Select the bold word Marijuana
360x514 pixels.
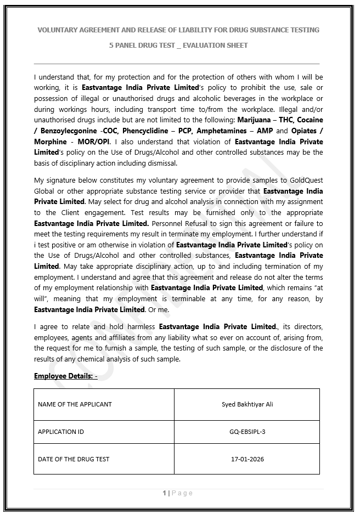tap(254, 120)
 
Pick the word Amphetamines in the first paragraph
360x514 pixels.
tap(225, 131)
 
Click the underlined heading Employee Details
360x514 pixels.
tap(65, 376)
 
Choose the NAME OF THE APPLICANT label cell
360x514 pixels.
tap(75, 404)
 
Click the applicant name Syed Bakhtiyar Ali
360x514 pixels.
tap(247, 404)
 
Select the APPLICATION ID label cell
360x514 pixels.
tap(61, 432)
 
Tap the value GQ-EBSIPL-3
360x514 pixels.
tap(247, 432)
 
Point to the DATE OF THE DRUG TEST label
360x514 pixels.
tap(74, 459)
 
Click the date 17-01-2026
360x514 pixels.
tap(247, 459)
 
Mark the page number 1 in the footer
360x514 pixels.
tap(164, 493)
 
